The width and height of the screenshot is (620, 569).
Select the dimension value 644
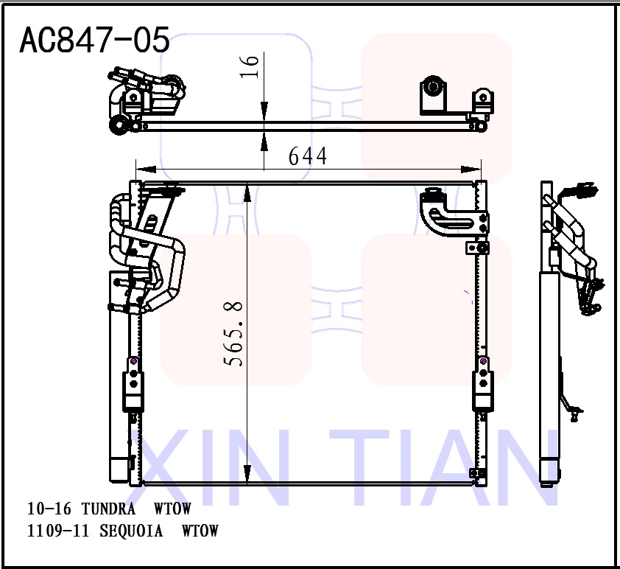(307, 156)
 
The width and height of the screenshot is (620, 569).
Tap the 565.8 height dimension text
(235, 333)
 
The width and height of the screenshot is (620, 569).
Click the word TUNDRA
(108, 509)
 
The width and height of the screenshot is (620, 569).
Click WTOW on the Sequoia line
(200, 531)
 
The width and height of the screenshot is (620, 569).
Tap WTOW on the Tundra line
(172, 509)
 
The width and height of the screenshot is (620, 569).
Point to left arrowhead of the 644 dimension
(140, 167)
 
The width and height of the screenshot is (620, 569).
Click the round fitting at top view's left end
(117, 126)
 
